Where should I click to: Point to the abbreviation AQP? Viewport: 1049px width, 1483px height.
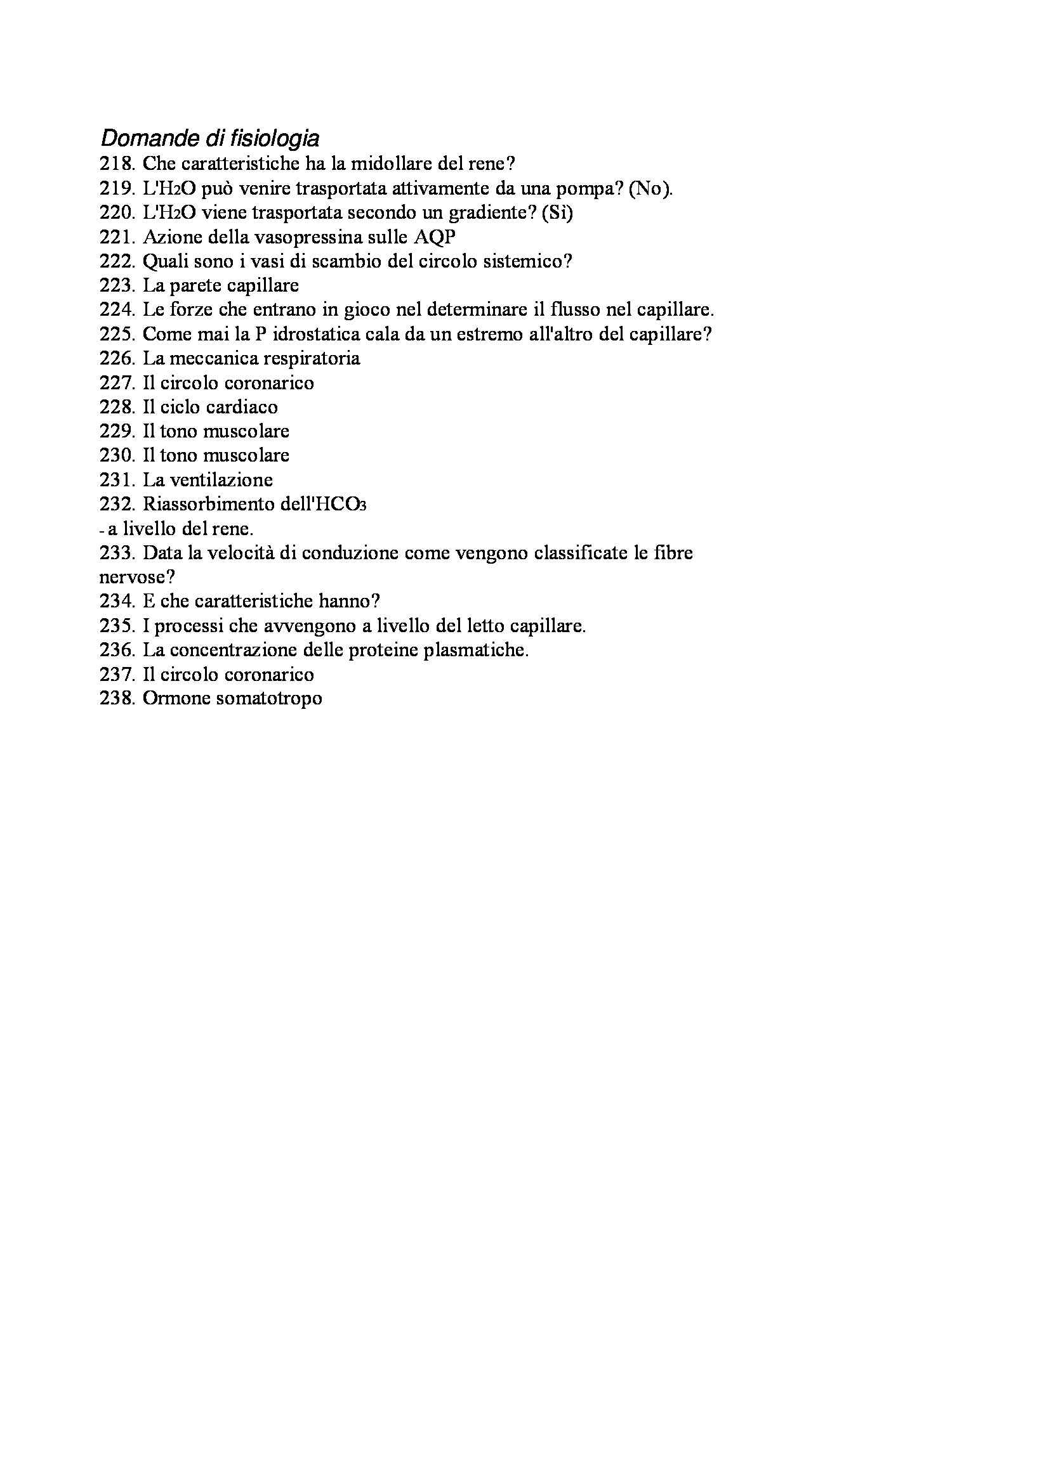coord(434,237)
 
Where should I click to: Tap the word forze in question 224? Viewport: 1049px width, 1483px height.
coord(190,310)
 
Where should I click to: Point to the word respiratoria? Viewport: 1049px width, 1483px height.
coord(308,358)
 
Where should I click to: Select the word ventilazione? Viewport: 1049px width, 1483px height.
coord(221,480)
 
